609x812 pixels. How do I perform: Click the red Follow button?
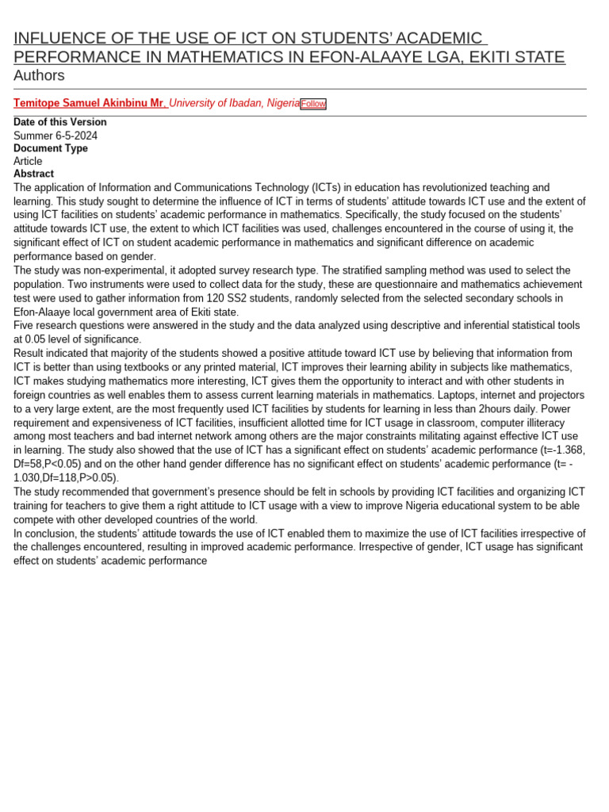[x=312, y=104]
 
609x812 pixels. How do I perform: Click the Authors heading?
[x=39, y=75]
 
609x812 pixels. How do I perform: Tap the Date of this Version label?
[x=60, y=122]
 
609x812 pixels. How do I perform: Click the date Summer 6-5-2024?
[x=56, y=136]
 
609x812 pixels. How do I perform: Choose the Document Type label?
[x=51, y=148]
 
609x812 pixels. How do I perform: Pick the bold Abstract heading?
[x=33, y=174]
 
